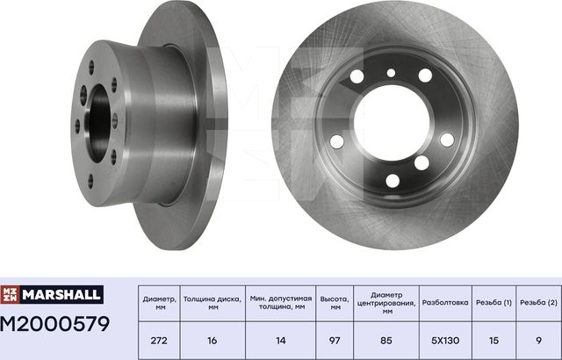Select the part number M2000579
[55, 325]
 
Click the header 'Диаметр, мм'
[159, 303]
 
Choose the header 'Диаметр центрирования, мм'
[386, 303]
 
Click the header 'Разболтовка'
[444, 303]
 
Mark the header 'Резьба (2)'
[538, 303]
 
